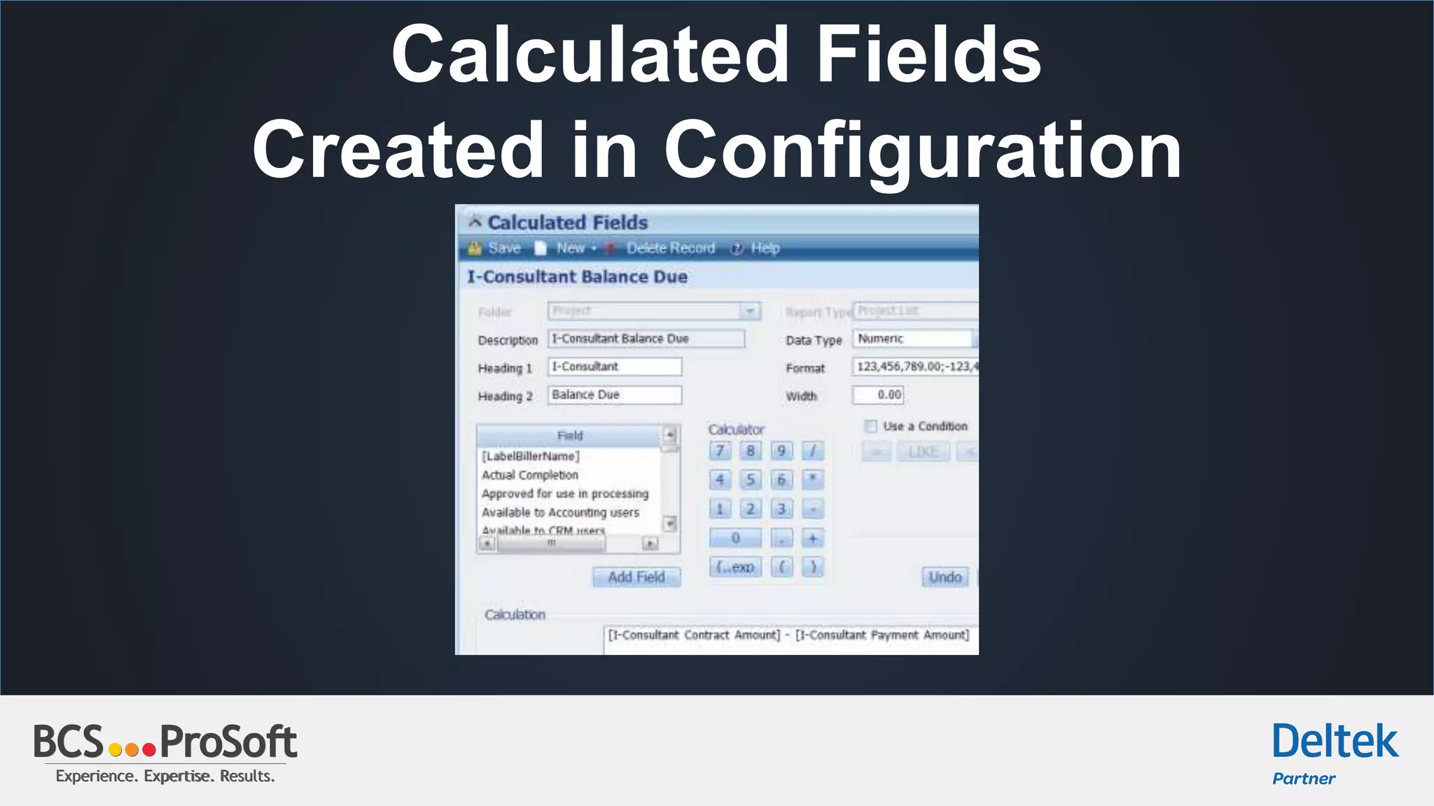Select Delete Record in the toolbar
click(669, 248)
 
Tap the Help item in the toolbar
click(764, 248)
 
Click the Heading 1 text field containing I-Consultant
click(614, 367)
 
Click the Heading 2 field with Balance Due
click(614, 395)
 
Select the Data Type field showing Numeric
click(912, 339)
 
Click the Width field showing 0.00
click(878, 395)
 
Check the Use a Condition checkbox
click(871, 426)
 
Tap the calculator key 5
click(751, 480)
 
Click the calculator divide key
click(812, 451)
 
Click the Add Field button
click(636, 577)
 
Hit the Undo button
click(945, 577)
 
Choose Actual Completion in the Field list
click(530, 475)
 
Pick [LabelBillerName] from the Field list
click(531, 456)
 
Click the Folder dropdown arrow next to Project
click(750, 311)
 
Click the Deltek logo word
click(1335, 742)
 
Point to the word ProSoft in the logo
click(228, 742)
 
